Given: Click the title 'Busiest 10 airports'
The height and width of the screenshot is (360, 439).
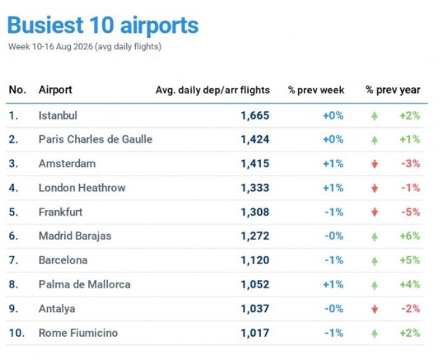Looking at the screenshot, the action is (103, 26).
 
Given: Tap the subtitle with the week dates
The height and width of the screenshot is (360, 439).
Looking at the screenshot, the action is (85, 46).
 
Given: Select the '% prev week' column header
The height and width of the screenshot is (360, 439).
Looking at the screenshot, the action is (316, 90).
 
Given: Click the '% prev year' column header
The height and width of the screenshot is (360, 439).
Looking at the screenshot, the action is (393, 90).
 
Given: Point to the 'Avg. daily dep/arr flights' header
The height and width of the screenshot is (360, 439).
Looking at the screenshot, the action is (212, 90).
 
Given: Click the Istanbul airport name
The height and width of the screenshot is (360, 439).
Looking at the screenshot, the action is (58, 115).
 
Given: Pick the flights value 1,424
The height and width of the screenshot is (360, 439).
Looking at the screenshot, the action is (255, 139).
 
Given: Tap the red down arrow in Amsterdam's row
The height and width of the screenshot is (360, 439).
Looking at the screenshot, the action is (375, 164).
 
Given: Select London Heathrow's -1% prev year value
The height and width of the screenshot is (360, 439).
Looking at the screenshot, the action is (411, 188).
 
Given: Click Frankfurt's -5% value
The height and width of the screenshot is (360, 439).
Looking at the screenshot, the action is (411, 213).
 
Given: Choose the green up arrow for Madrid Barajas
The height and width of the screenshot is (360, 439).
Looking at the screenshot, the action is (375, 236).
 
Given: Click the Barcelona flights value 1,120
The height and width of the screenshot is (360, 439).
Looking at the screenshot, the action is (255, 260).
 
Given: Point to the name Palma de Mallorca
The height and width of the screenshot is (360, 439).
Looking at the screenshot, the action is (85, 284).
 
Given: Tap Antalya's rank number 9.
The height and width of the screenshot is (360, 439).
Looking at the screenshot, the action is (13, 309).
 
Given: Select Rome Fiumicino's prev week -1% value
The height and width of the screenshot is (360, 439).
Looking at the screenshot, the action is (334, 333).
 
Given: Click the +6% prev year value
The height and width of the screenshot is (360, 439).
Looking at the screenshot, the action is (410, 236).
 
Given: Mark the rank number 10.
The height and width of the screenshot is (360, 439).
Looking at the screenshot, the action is (16, 333).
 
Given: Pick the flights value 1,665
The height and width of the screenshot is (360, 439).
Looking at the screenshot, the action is (255, 115).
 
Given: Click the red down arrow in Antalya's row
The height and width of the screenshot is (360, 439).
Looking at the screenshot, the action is (375, 309).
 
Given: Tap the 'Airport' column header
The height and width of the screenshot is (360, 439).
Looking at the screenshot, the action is (55, 90).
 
